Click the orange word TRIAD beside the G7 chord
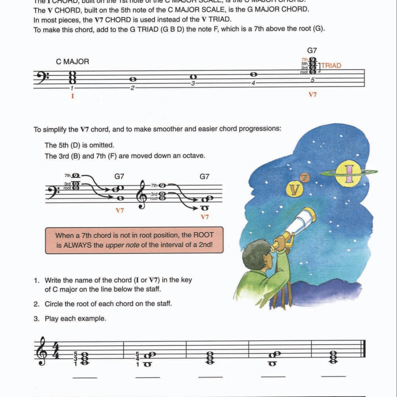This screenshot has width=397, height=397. click(331, 66)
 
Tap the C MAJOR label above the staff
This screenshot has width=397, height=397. click(72, 62)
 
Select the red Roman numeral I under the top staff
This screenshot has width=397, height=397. click(73, 96)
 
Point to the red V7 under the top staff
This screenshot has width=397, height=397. click(312, 95)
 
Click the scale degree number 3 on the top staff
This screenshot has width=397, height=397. click(193, 83)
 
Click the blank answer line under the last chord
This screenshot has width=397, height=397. click(333, 376)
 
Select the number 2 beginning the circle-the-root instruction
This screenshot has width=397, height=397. click(36, 304)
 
